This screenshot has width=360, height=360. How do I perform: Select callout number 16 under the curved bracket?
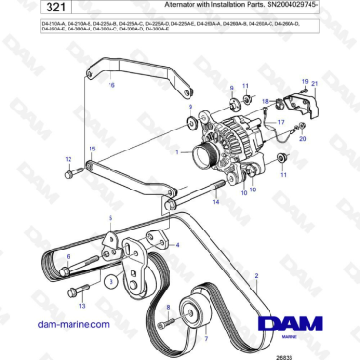click(x=110, y=86)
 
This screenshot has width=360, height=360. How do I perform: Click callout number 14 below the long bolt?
click(x=217, y=203)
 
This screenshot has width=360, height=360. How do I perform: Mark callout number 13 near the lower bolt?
click(x=81, y=307)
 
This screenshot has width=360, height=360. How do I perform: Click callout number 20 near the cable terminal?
click(x=303, y=138)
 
